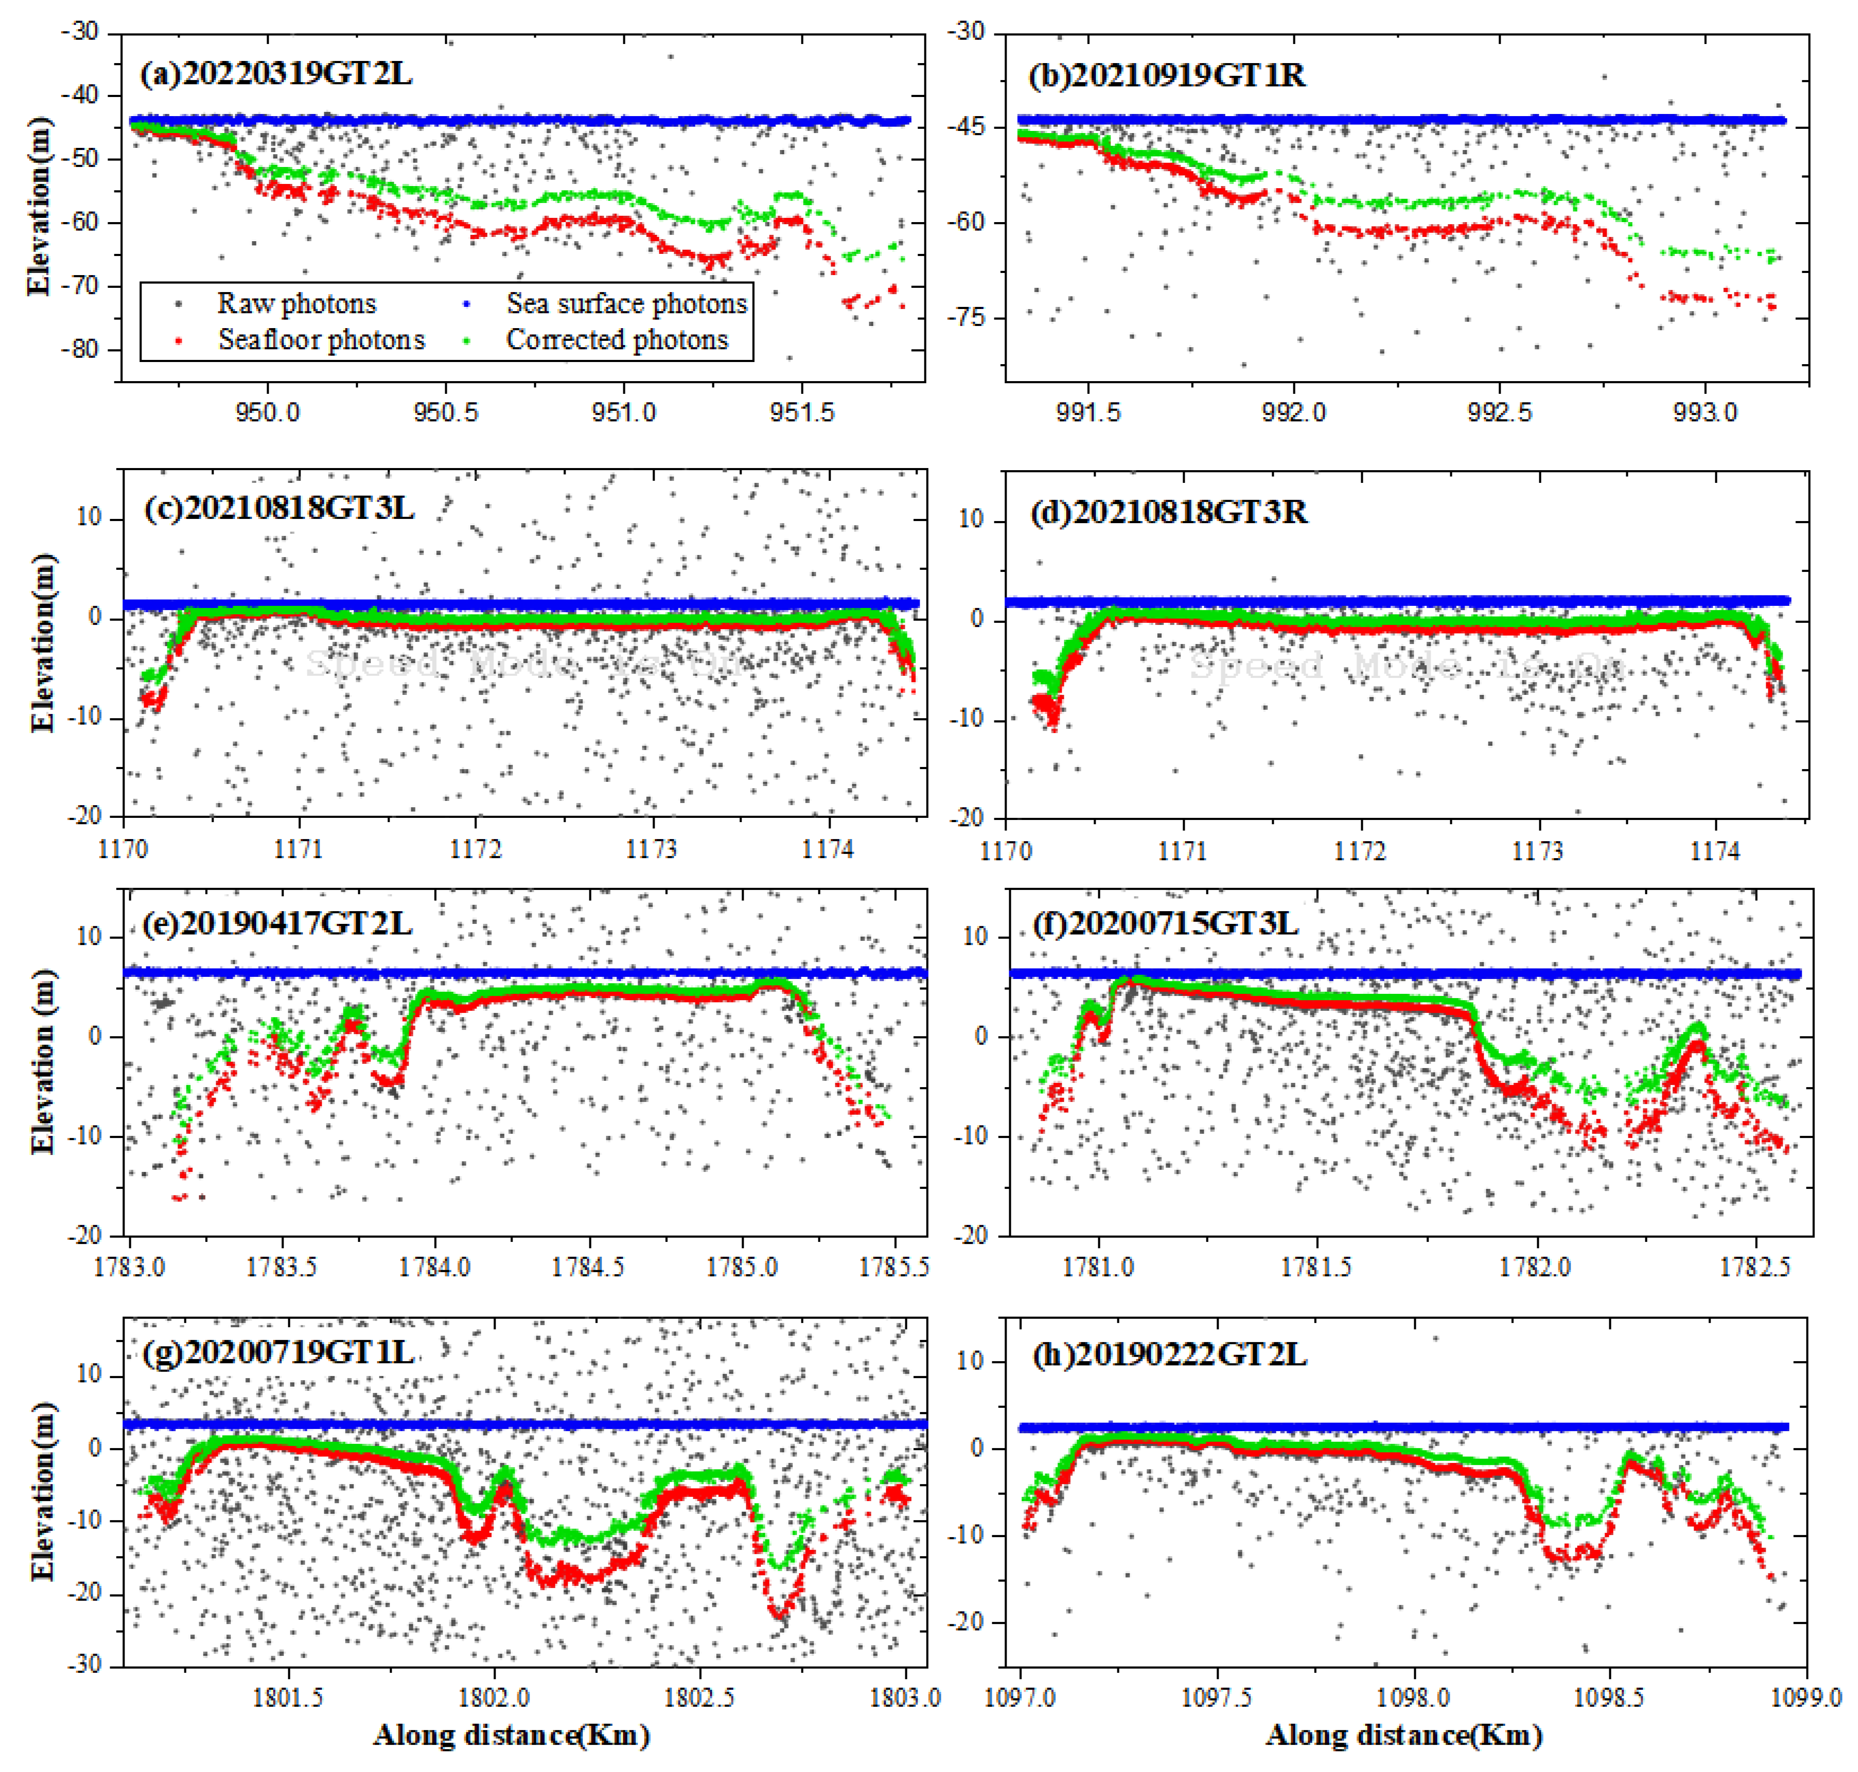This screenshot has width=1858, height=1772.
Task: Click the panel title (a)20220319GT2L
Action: pos(276,74)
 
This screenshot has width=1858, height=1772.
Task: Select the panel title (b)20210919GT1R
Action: pos(1167,75)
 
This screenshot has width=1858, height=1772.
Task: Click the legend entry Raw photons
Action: pos(296,303)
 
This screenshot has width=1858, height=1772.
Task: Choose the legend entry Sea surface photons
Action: pos(626,303)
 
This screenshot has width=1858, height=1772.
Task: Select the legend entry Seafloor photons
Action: pos(321,339)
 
